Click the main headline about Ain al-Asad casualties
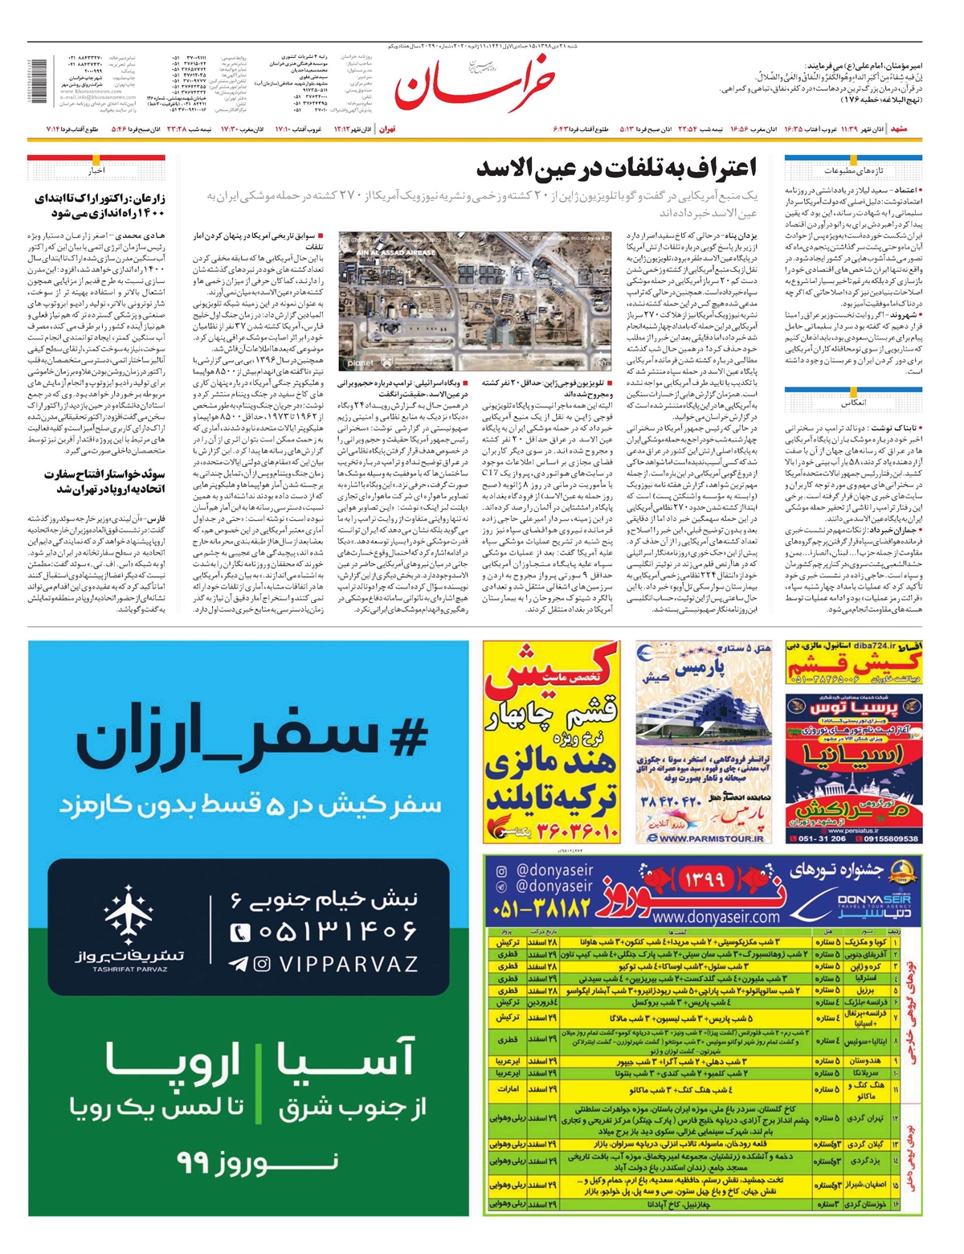coord(616,168)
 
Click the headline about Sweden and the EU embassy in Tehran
coord(104,482)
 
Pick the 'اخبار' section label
coord(96,170)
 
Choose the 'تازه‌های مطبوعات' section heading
coord(853,170)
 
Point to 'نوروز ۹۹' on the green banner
coord(257,1162)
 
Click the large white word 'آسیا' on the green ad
coord(346,1059)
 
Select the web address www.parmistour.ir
coord(711,838)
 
